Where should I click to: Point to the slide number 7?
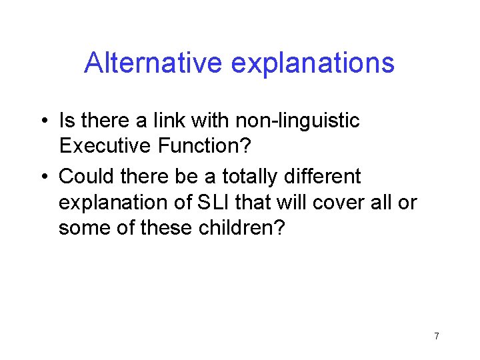click(436, 336)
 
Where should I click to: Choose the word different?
click(327, 177)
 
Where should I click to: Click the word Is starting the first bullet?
click(66, 121)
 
